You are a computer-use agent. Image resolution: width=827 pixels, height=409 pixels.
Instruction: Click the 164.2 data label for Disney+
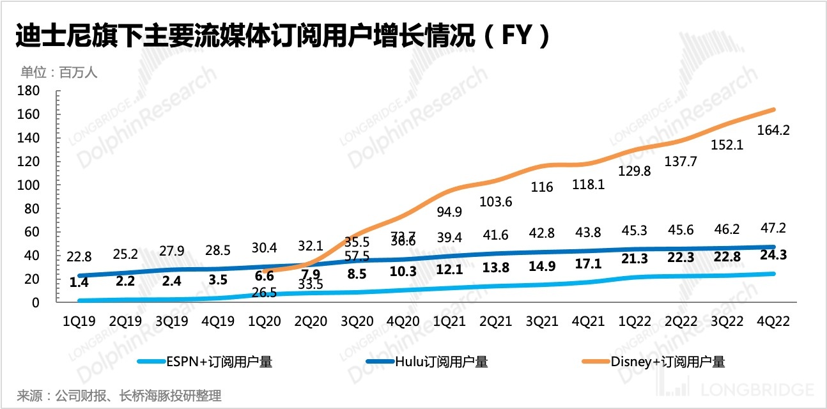tap(774, 131)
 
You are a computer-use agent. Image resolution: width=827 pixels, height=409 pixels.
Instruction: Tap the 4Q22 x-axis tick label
tap(774, 321)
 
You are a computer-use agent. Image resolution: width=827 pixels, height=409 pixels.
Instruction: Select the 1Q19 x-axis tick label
tap(79, 321)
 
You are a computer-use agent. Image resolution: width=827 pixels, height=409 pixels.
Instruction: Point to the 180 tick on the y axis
tap(30, 91)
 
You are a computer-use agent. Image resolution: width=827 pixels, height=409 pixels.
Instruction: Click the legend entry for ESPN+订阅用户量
tap(205, 362)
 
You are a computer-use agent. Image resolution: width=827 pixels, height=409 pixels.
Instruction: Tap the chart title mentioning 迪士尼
tap(281, 36)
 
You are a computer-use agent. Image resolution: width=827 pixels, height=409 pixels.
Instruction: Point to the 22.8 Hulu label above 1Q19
tap(79, 257)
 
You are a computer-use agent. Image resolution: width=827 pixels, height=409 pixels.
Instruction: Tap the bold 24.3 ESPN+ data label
tap(774, 255)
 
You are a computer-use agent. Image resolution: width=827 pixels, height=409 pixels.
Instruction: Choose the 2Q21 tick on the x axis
tap(496, 321)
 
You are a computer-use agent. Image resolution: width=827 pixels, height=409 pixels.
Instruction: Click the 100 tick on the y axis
tap(30, 185)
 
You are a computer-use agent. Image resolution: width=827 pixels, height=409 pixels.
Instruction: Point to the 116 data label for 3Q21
tap(543, 187)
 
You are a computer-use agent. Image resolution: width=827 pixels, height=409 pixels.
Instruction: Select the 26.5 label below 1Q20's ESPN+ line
tap(264, 292)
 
